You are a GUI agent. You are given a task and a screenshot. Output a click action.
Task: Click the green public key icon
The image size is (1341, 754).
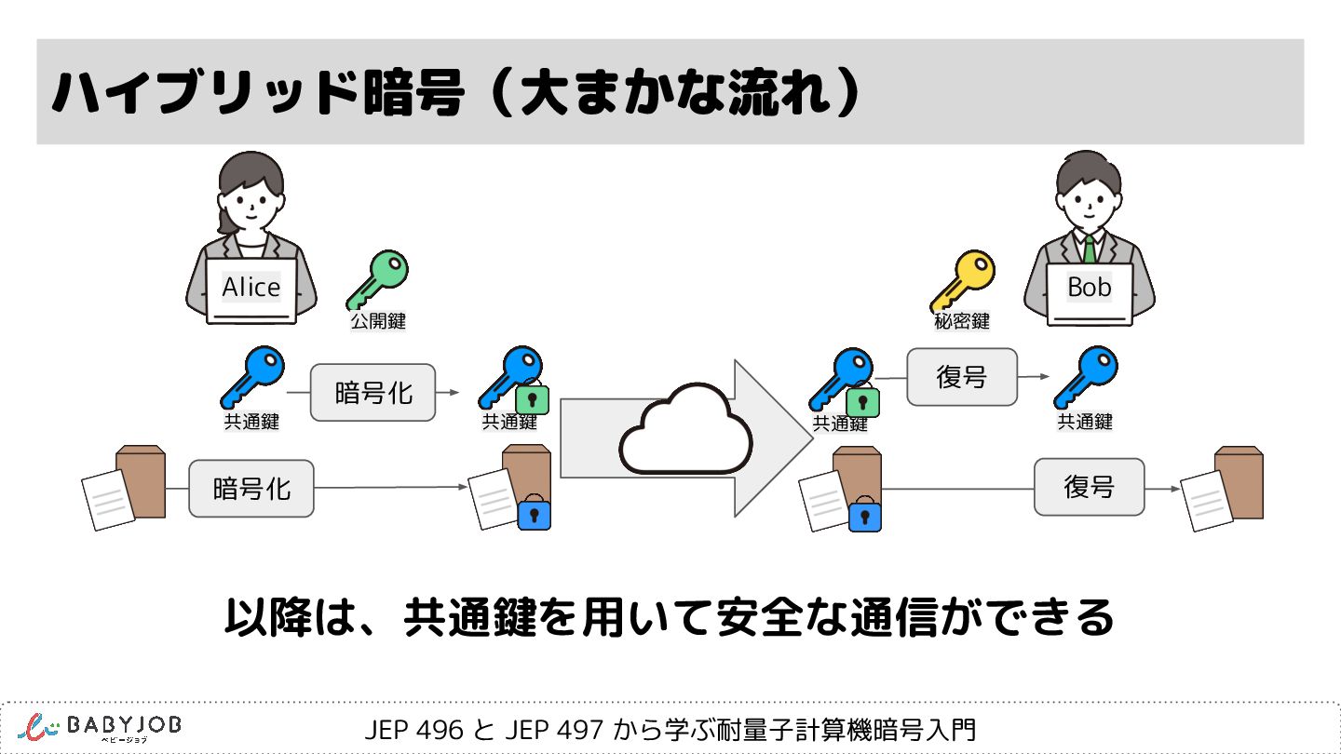(377, 278)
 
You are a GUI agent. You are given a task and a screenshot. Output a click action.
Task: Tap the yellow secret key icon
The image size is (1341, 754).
(962, 280)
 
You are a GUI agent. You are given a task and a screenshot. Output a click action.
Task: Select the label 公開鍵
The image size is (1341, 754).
(377, 322)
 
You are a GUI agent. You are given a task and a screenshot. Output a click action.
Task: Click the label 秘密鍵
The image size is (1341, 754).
(962, 322)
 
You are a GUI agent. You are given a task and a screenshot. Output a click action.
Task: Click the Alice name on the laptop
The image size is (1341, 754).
(251, 288)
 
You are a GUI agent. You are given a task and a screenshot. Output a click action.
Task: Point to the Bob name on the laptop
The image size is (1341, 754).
(1090, 288)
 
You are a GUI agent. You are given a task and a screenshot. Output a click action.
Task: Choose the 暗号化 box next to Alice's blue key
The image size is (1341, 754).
(372, 393)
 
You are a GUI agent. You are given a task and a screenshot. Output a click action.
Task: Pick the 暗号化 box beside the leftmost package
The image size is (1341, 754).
(251, 488)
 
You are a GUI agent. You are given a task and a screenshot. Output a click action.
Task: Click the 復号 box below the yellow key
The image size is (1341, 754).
(962, 377)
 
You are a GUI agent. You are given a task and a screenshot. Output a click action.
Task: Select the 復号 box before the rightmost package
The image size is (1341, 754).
(1089, 487)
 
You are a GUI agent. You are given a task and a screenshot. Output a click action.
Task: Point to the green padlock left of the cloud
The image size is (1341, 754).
(532, 399)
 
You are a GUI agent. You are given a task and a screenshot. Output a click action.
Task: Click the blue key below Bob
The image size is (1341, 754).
(1085, 377)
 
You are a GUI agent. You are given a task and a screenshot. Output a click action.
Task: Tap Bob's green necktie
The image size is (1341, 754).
(1089, 249)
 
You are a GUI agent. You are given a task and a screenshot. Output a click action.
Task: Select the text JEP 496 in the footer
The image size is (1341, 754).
(413, 730)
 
